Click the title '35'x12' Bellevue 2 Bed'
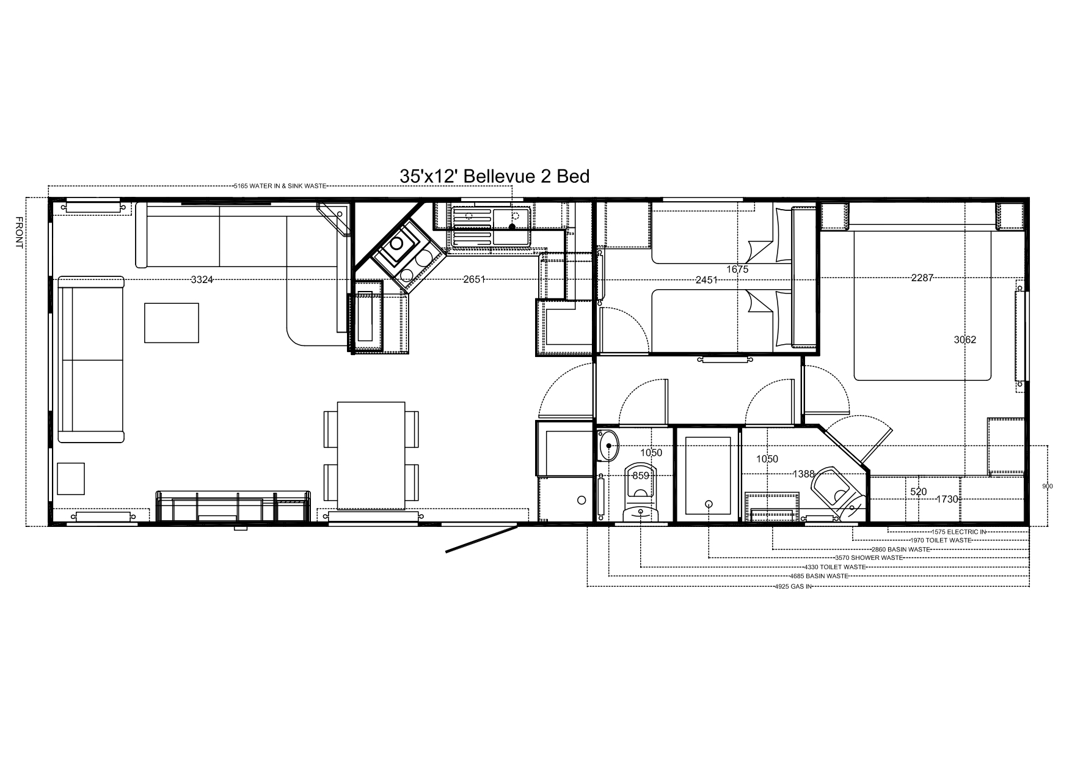[494, 176]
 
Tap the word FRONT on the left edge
[19, 233]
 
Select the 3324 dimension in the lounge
[202, 280]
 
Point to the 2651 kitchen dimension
[474, 280]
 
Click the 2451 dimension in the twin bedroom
[707, 280]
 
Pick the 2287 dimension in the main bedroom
[922, 278]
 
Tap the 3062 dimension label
[965, 340]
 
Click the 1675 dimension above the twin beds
[737, 269]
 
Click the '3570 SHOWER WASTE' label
[869, 557]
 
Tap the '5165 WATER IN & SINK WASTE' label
[280, 186]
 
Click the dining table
[371, 455]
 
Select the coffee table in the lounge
[172, 323]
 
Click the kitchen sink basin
[512, 218]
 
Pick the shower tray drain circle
[709, 504]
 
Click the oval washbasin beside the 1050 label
[608, 446]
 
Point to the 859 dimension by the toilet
[641, 476]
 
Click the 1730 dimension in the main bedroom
[947, 499]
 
